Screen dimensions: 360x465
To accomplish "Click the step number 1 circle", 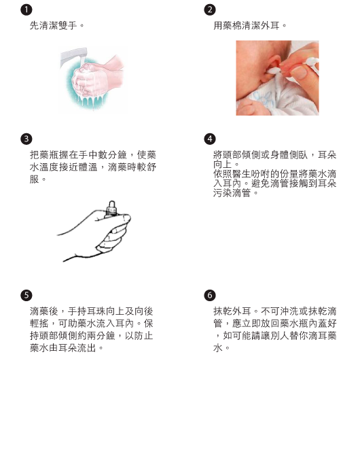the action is [26, 10].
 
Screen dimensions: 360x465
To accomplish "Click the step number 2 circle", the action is [210, 10].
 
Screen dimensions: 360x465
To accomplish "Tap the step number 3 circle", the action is [26, 139].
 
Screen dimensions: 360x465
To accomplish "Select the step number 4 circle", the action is [210, 139].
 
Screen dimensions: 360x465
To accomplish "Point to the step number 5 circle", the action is [26, 295].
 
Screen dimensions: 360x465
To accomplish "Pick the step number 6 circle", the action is [210, 295].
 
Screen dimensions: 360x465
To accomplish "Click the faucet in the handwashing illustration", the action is [73, 56].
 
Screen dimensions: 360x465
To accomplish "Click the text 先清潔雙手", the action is [54, 26].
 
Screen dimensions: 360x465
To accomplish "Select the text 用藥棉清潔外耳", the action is [247, 26].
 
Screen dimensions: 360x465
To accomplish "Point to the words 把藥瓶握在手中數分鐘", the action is [78, 155].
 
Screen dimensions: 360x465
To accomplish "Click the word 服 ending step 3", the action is [35, 179].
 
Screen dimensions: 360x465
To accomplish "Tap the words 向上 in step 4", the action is [223, 164].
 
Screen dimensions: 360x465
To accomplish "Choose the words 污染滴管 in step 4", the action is [232, 193].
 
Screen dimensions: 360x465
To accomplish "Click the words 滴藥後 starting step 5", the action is [44, 311].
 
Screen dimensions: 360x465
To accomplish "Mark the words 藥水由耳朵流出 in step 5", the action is [62, 348].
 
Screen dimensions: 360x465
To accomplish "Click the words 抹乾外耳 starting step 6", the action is [232, 311].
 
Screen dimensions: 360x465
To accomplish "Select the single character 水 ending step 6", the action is [218, 348].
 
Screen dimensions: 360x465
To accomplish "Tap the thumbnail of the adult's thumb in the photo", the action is [300, 73].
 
